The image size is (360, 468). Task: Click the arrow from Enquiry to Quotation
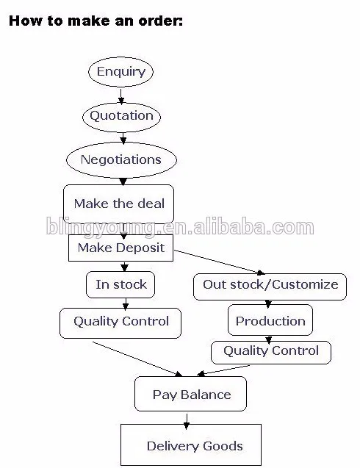(x=121, y=96)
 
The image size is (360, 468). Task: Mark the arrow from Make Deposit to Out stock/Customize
(x=220, y=262)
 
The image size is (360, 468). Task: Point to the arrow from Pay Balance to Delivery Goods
(x=187, y=422)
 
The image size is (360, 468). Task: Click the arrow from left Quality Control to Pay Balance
(x=137, y=359)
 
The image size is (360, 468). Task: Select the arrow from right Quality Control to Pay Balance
(x=223, y=370)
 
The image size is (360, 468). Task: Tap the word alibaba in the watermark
(x=228, y=227)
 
